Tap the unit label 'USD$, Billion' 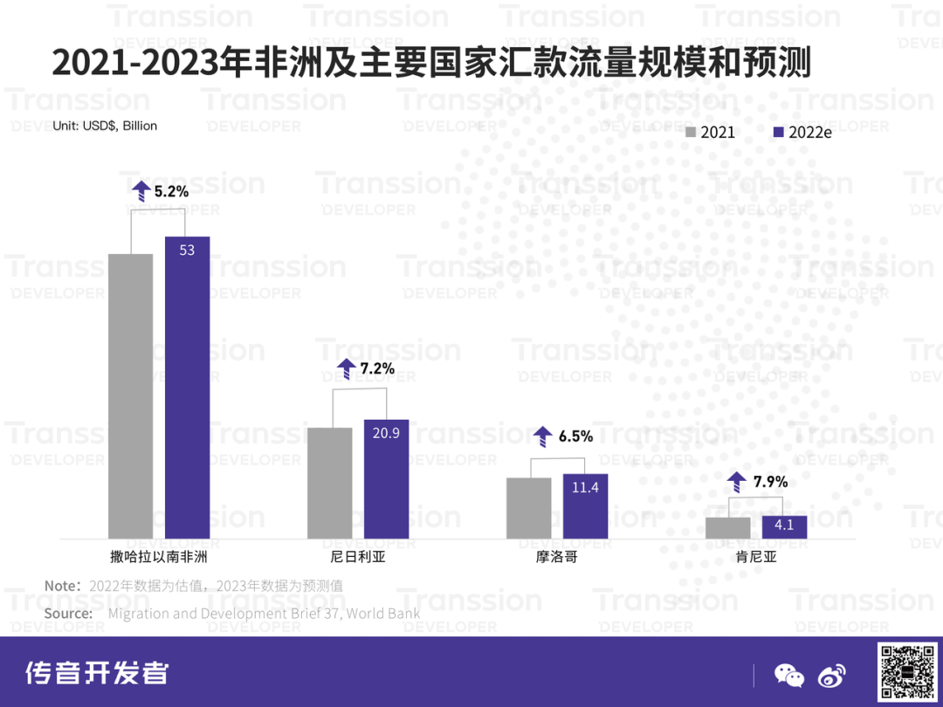105,126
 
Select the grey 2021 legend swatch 691,133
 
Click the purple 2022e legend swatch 779,133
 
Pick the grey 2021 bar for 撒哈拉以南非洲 130,395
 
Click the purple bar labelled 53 187,387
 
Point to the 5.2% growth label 171,191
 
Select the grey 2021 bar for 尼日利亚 329,483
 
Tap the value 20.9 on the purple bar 386,432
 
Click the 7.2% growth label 377,368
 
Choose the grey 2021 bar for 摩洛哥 528,507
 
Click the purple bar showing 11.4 585,506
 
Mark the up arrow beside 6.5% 543,436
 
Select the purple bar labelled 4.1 784,526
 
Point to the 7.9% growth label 770,481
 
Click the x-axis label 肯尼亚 756,557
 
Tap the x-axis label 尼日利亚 358,557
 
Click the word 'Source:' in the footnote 68,614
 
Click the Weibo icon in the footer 832,675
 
